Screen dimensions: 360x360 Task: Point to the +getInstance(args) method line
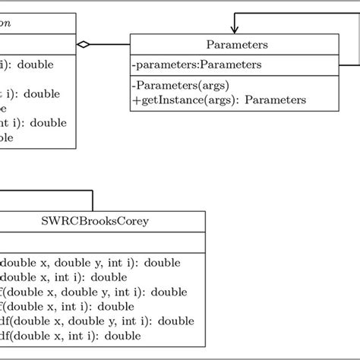[x=218, y=99]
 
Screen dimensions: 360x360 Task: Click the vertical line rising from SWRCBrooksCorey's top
[x=93, y=201]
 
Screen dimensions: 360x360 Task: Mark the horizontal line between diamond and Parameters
[x=111, y=46]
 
